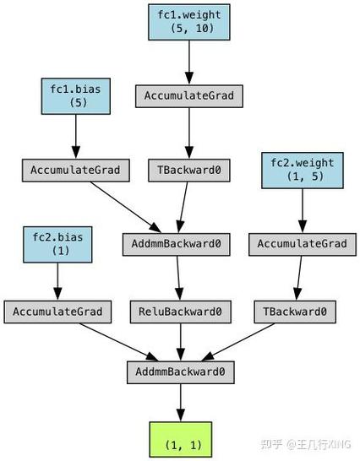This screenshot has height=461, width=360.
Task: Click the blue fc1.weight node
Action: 188,20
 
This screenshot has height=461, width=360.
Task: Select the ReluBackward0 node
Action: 180,312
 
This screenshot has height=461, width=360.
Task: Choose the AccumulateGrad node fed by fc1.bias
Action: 76,170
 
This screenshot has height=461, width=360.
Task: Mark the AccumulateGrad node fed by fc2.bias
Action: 57,312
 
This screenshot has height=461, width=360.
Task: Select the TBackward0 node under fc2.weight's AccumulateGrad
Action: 294,312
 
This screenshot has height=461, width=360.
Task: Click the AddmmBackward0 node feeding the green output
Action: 180,372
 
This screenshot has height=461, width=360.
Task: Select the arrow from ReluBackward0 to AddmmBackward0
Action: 180,342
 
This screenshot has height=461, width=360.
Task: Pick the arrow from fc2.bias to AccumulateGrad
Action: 57,280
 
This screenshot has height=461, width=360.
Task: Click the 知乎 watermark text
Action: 274,442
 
